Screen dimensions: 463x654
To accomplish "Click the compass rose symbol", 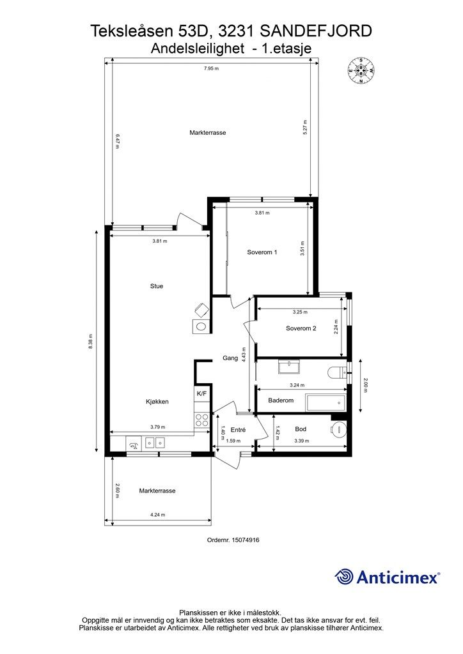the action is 361,70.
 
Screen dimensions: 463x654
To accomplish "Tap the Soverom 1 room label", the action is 262,252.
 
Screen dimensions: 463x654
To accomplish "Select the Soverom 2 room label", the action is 301,328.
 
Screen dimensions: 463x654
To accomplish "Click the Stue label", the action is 157,286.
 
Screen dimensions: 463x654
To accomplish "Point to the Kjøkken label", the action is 157,402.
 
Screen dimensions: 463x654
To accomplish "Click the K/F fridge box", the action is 201,393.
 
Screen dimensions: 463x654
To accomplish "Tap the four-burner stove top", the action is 202,420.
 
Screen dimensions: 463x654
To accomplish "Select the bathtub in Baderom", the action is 326,402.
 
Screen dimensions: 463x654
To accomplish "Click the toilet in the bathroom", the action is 337,372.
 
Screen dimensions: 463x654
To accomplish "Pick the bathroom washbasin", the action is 289,367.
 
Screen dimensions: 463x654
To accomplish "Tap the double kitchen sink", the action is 155,442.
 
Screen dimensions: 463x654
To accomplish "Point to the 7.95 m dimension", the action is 211,68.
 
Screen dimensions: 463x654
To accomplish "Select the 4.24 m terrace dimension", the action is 157,515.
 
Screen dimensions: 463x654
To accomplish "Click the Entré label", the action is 238,430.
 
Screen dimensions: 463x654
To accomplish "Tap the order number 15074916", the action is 233,540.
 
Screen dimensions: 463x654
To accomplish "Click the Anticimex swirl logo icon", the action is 343,577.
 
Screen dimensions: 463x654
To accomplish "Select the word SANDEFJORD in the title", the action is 316,31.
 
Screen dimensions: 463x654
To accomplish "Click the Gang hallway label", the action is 230,358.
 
